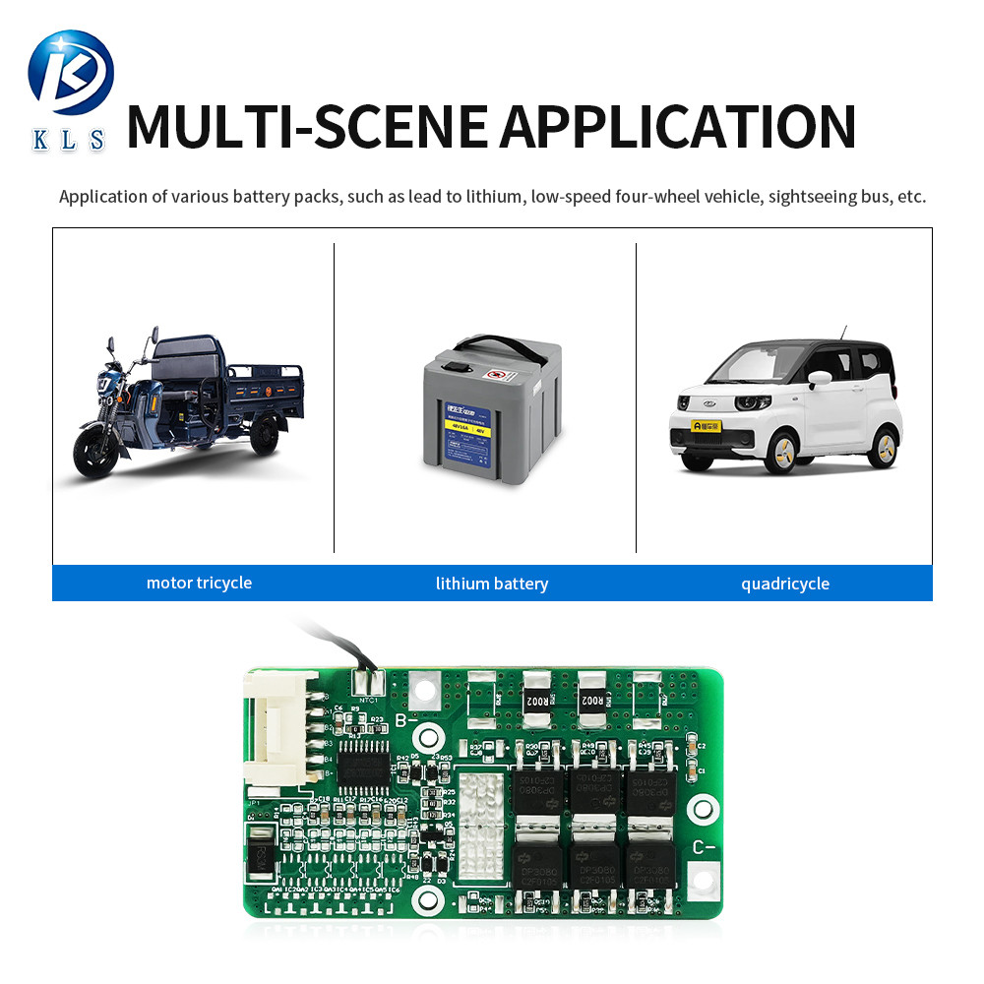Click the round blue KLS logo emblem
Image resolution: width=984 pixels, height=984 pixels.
point(71,73)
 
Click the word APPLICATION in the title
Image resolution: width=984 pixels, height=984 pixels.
point(678,126)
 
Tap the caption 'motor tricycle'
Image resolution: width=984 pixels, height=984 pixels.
point(199,583)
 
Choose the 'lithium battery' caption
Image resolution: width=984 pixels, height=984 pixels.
point(492,584)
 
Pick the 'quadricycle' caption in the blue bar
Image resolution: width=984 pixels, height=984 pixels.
point(785,584)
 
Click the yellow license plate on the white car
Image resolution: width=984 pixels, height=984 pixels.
point(707,426)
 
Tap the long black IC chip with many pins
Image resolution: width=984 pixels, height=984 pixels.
point(365,763)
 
